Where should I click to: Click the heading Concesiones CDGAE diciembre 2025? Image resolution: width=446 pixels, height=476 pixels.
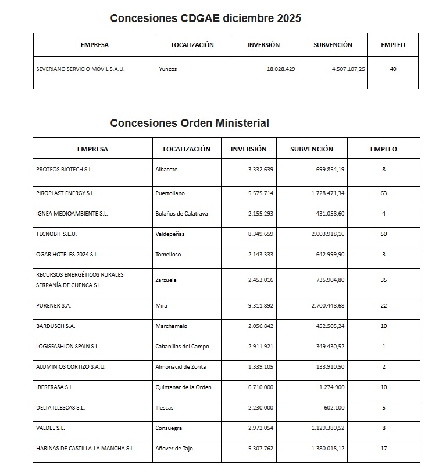205,19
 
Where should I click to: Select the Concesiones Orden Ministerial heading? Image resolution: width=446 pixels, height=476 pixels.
190,123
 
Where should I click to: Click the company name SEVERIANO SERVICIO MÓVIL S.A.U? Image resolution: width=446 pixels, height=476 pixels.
80,69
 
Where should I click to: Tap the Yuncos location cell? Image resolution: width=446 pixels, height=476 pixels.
168,69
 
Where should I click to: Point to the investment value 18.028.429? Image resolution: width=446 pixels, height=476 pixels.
281,69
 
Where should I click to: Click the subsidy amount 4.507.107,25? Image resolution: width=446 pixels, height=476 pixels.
348,69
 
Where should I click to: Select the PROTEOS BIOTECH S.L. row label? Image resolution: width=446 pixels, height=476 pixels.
65,170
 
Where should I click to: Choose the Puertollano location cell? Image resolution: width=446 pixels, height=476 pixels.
170,193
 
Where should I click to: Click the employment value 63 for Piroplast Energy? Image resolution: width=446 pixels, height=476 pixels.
384,193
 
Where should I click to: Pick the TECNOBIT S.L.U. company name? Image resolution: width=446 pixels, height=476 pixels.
56,234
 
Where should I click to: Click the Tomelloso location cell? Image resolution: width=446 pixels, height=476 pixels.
169,254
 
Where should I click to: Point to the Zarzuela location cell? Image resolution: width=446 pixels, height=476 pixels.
166,280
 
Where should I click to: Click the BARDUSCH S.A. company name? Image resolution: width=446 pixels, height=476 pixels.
56,326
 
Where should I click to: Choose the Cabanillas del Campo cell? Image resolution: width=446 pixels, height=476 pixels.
183,346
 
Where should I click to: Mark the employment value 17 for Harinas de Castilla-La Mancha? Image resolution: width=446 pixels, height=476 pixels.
384,449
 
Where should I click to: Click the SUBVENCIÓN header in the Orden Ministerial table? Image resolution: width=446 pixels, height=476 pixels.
312,149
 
